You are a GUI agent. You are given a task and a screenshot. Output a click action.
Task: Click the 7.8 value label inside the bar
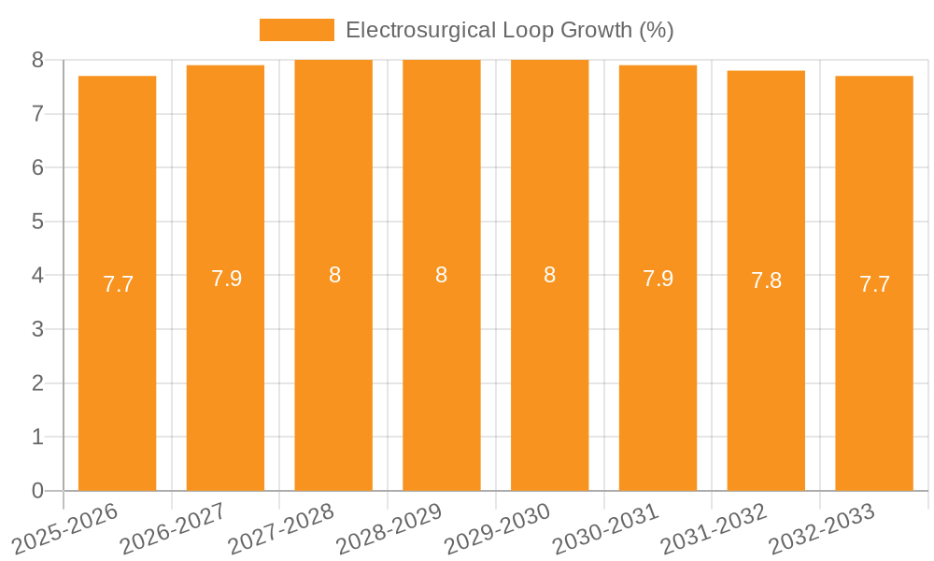click(x=766, y=280)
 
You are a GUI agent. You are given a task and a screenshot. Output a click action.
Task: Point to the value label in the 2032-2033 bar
click(x=874, y=284)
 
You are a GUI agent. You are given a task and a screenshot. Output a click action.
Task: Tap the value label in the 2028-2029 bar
click(x=441, y=275)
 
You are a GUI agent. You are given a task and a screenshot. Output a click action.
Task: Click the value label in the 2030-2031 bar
click(x=658, y=279)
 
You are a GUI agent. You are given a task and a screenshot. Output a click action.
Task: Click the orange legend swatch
click(x=296, y=30)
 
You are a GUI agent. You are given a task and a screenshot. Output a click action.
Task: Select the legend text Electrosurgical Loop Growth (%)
click(x=509, y=30)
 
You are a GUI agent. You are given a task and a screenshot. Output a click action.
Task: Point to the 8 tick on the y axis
click(x=37, y=60)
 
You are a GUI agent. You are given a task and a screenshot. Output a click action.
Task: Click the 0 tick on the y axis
click(x=37, y=491)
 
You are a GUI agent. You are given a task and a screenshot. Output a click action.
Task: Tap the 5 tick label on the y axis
click(x=37, y=222)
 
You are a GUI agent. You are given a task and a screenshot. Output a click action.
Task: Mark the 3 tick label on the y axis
click(x=37, y=329)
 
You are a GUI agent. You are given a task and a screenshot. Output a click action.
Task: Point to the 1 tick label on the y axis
click(x=37, y=437)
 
